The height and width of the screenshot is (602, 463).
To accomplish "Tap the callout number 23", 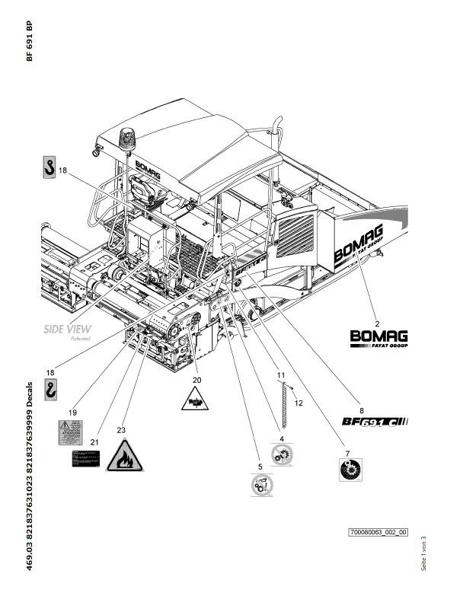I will pyautogui.click(x=121, y=430).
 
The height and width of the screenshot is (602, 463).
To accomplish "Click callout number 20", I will pyautogui.click(x=196, y=378).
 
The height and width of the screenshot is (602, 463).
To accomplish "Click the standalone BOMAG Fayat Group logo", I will pyautogui.click(x=378, y=338).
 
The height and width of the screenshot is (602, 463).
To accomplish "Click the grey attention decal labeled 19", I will pyautogui.click(x=74, y=432).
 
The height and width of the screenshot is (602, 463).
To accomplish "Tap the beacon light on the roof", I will pyautogui.click(x=126, y=140).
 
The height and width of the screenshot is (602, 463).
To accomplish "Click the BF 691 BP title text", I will pyautogui.click(x=29, y=41).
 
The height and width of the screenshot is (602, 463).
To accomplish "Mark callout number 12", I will pyautogui.click(x=299, y=403).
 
